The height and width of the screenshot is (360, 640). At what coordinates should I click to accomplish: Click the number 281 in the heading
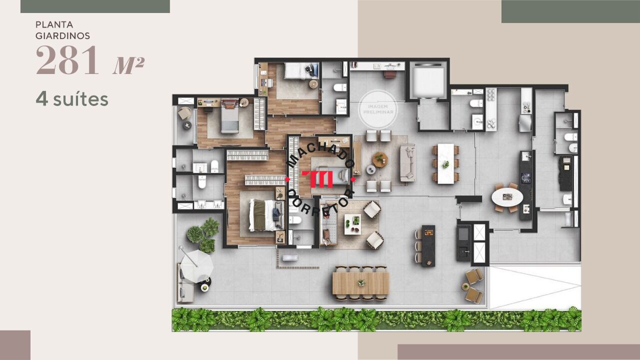pyautogui.click(x=67, y=60)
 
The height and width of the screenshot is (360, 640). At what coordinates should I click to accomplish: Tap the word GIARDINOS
pyautogui.click(x=63, y=36)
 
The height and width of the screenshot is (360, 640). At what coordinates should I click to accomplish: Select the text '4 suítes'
pyautogui.click(x=72, y=99)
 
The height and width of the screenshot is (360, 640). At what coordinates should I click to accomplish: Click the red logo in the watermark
pyautogui.click(x=317, y=179)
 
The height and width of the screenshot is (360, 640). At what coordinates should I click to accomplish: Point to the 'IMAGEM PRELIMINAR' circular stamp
pyautogui.click(x=378, y=109)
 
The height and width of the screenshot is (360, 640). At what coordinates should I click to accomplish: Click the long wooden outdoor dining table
pyautogui.click(x=361, y=283)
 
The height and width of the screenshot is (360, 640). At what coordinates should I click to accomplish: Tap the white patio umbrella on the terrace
pyautogui.click(x=196, y=266)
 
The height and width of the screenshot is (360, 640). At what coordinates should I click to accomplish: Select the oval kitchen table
pyautogui.click(x=507, y=197)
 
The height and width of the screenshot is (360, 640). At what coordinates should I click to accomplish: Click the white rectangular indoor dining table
pyautogui.click(x=445, y=163)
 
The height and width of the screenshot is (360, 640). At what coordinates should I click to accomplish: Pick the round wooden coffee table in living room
pyautogui.click(x=380, y=159)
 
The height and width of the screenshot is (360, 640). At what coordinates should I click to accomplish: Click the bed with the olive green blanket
pyautogui.click(x=266, y=215)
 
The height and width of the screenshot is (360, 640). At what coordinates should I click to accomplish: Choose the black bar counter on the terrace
pyautogui.click(x=428, y=245)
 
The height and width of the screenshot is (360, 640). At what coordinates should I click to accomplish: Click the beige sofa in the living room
pyautogui.click(x=407, y=163)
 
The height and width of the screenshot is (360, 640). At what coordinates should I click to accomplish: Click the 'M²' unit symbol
pyautogui.click(x=128, y=65)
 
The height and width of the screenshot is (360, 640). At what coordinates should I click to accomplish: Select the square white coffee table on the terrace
pyautogui.click(x=352, y=224)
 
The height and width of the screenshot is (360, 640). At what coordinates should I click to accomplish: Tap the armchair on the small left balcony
pyautogui.click(x=184, y=113)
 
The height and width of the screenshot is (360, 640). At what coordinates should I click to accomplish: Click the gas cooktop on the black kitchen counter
pyautogui.click(x=525, y=177)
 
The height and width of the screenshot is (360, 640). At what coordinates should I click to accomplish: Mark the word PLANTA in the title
pyautogui.click(x=54, y=25)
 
